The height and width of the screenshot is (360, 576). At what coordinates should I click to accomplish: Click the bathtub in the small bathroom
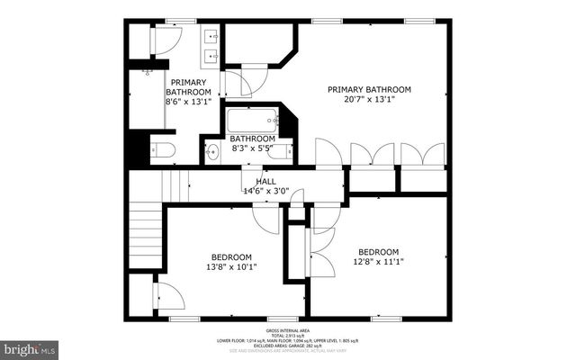(252, 120)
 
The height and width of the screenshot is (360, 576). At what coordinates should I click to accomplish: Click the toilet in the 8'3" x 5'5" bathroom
(280, 151)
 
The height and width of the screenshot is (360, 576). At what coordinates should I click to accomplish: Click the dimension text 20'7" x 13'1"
(369, 101)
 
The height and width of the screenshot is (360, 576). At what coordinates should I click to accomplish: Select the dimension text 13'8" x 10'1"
(231, 267)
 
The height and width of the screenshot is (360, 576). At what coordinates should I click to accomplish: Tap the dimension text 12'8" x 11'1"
(381, 262)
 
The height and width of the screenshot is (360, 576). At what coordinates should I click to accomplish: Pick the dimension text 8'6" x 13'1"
(188, 103)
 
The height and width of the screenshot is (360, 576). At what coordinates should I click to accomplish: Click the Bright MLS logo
(30, 346)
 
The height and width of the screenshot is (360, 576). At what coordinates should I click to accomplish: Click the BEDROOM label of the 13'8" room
(231, 256)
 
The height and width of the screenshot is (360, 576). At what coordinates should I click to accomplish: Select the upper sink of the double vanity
(212, 38)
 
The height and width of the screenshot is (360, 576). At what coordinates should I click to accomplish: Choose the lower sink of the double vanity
(212, 57)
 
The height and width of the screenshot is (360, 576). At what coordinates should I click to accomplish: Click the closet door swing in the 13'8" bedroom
(167, 296)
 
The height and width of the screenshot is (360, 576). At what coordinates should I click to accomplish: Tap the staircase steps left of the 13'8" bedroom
(144, 236)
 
